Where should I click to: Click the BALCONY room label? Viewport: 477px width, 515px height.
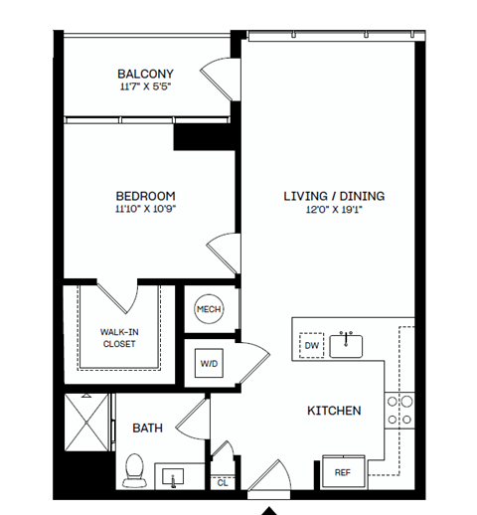click(x=145, y=74)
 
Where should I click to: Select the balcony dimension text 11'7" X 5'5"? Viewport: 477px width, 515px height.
click(x=145, y=87)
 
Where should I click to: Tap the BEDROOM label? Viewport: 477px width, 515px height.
click(x=145, y=195)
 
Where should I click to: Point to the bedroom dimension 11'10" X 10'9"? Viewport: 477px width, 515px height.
click(x=145, y=209)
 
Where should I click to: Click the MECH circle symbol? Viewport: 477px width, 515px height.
click(x=209, y=309)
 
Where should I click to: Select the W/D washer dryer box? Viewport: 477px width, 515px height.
click(x=210, y=363)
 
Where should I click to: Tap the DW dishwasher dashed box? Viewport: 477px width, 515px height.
click(x=311, y=344)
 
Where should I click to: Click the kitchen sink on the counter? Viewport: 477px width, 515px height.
click(x=347, y=345)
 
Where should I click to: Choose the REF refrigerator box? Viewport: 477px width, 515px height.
click(x=341, y=472)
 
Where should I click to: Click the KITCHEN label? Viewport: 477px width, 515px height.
click(x=333, y=411)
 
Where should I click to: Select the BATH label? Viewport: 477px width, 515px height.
click(x=148, y=429)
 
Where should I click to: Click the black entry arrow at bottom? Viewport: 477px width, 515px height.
click(x=268, y=509)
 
